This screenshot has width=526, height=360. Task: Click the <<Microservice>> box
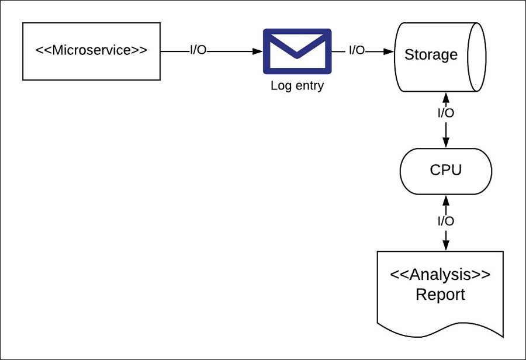[x=91, y=51]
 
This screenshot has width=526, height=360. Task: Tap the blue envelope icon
[x=297, y=51]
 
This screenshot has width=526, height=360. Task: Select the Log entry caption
[x=297, y=86]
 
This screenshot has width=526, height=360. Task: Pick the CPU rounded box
[x=446, y=170]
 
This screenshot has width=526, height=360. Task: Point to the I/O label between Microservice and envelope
[x=198, y=51]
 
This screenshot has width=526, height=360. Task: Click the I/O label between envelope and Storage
[x=357, y=51]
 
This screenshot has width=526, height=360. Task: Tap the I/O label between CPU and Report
[x=446, y=221]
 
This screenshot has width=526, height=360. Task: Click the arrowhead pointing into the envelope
[x=257, y=51]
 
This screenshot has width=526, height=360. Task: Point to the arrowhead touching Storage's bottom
[x=446, y=96]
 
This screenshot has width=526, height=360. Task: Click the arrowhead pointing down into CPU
[x=446, y=143]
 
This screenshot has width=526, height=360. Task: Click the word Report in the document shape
[x=440, y=295]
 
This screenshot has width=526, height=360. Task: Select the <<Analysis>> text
[x=440, y=274]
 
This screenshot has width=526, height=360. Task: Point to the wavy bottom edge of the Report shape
[x=440, y=331]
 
